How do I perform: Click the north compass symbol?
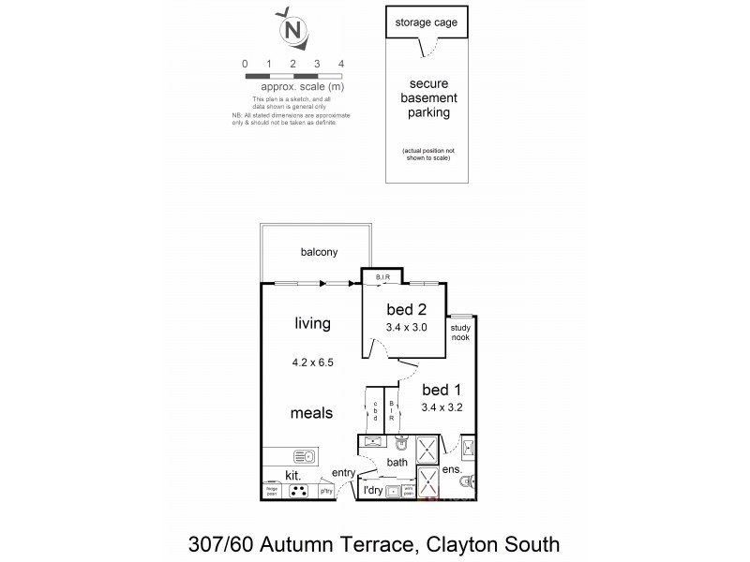(293, 31)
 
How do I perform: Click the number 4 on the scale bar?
(341, 64)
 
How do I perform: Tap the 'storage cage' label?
(427, 22)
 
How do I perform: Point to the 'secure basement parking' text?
(427, 98)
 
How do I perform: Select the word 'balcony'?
(319, 252)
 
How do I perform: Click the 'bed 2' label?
(407, 309)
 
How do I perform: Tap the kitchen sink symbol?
(305, 456)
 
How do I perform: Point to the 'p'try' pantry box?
(326, 491)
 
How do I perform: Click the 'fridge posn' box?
(272, 490)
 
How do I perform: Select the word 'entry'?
(344, 473)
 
